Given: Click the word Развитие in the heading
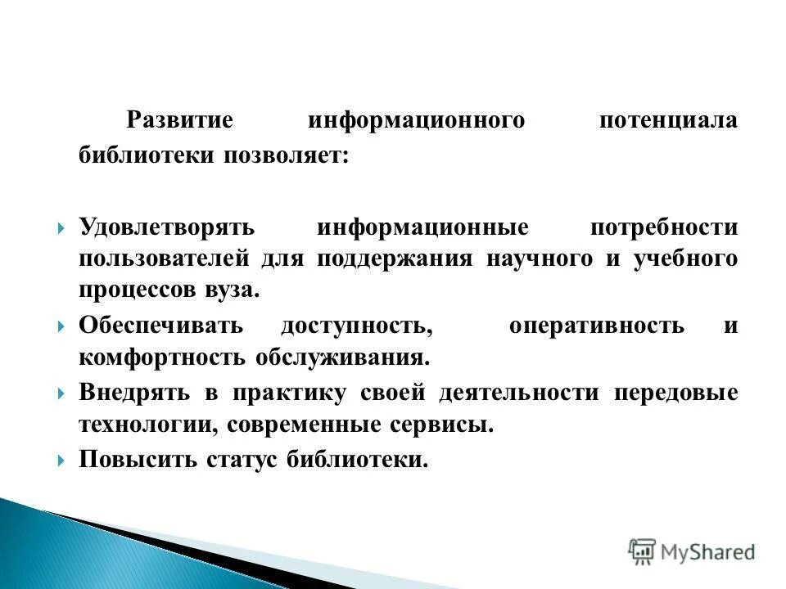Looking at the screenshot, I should pyautogui.click(x=179, y=120).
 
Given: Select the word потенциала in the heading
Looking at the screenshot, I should pyautogui.click(x=667, y=120).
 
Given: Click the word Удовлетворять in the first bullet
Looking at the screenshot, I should pyautogui.click(x=168, y=227).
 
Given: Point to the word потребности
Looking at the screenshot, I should pyautogui.click(x=663, y=227).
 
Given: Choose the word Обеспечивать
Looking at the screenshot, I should pyautogui.click(x=161, y=325).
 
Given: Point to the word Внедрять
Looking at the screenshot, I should pyautogui.click(x=135, y=392).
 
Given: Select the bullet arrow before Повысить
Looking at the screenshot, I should pyautogui.click(x=62, y=460).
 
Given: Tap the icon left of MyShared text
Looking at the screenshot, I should pyautogui.click(x=643, y=552).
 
